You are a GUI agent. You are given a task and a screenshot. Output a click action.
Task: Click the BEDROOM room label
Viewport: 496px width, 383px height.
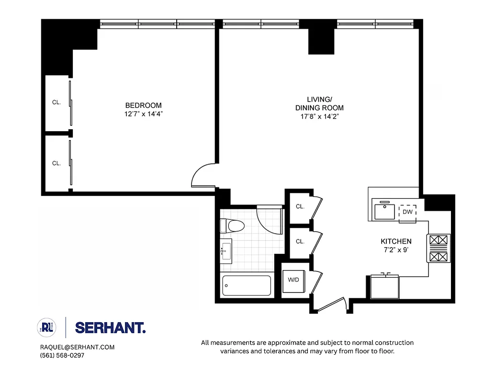pyautogui.click(x=143, y=105)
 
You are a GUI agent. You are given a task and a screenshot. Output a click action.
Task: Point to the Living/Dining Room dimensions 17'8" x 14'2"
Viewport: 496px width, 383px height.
pyautogui.click(x=319, y=116)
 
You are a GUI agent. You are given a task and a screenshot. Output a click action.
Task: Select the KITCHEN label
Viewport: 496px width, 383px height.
pyautogui.click(x=395, y=241)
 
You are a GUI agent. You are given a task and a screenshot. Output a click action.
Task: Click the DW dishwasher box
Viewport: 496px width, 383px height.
pyautogui.click(x=407, y=212)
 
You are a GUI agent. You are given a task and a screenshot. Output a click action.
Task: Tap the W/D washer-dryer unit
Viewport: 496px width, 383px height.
pyautogui.click(x=293, y=280)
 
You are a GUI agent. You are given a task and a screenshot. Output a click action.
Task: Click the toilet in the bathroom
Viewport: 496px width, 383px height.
pyautogui.click(x=232, y=225)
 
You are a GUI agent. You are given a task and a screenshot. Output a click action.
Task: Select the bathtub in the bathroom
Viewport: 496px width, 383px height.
pyautogui.click(x=247, y=285)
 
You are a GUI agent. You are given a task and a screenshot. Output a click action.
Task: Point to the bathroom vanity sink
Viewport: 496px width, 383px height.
pyautogui.click(x=226, y=251)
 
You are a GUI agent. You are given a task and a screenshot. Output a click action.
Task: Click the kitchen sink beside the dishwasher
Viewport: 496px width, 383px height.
pyautogui.click(x=384, y=211)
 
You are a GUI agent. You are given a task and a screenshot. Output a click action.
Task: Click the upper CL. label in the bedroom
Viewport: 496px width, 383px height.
pyautogui.click(x=56, y=102)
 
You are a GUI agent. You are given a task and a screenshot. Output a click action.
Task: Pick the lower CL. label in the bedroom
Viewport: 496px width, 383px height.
pyautogui.click(x=56, y=163)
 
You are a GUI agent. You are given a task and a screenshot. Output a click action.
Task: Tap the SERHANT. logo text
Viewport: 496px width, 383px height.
pyautogui.click(x=110, y=328)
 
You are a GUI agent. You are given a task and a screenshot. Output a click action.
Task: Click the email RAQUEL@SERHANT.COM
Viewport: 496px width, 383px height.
pyautogui.click(x=77, y=347)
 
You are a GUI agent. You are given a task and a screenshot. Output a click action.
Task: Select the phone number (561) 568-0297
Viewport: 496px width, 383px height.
pyautogui.click(x=62, y=355)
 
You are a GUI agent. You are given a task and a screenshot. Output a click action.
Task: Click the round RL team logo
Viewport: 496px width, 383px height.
pyautogui.click(x=47, y=327)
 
